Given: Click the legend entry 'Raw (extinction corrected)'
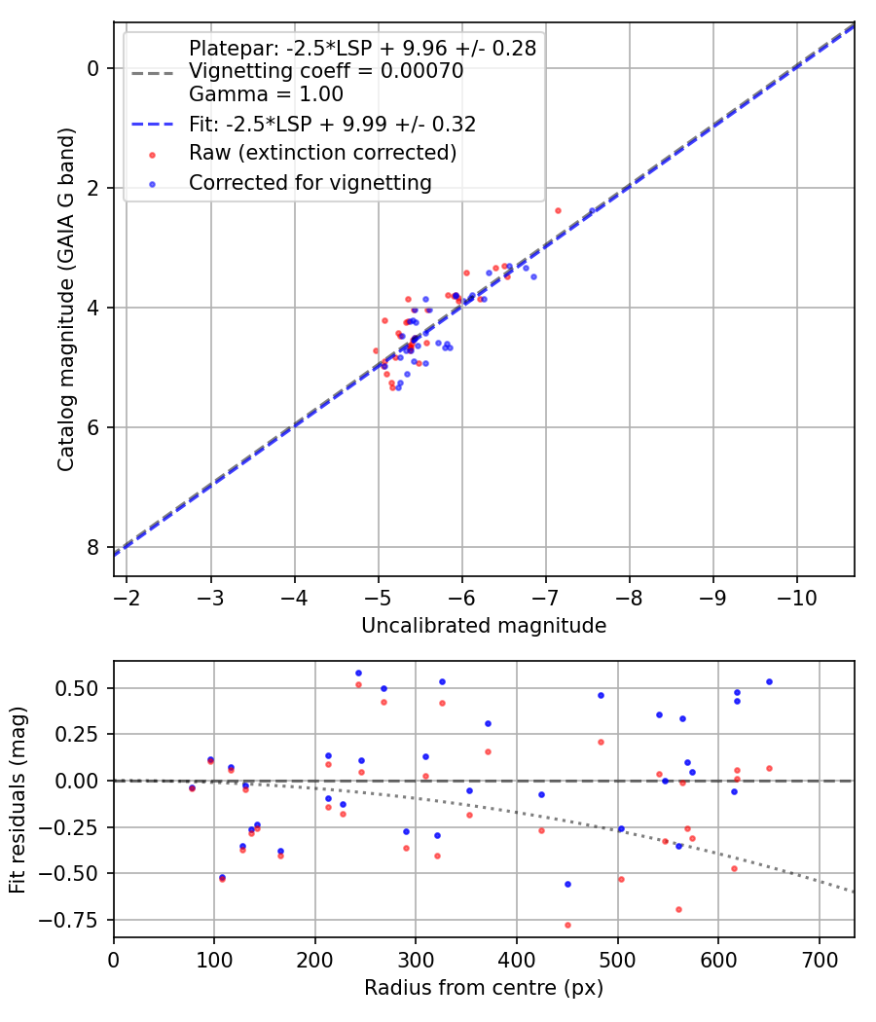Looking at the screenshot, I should [322, 153].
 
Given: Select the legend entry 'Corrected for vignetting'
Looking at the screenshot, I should [310, 182].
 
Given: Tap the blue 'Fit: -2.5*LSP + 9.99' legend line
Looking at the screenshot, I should [152, 124].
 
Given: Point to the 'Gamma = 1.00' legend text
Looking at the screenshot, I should [266, 94].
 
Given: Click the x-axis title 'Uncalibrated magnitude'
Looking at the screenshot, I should [484, 626].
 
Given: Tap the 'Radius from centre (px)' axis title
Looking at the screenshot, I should [484, 988].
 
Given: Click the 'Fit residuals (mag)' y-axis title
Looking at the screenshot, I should [18, 799].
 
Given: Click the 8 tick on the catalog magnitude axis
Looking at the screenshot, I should [93, 547].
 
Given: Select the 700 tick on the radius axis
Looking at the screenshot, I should [819, 961].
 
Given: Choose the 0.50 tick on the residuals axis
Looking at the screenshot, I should [83, 688].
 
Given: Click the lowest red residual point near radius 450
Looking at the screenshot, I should [567, 925].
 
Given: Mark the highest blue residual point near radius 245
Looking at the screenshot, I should [358, 673].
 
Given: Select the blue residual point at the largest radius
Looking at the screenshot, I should [769, 681].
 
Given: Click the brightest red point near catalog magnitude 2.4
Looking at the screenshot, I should [558, 210].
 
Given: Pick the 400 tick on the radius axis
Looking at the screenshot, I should [517, 961].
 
